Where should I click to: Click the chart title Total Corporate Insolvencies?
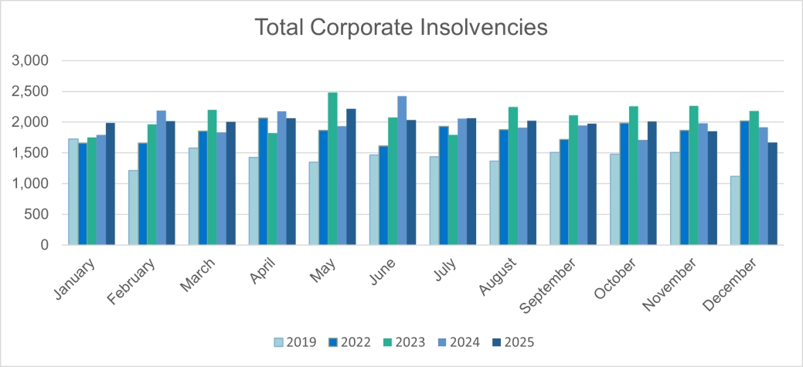[401, 27]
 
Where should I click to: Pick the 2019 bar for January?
[73, 192]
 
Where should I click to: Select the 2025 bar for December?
[772, 194]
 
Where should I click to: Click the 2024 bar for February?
[162, 178]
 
